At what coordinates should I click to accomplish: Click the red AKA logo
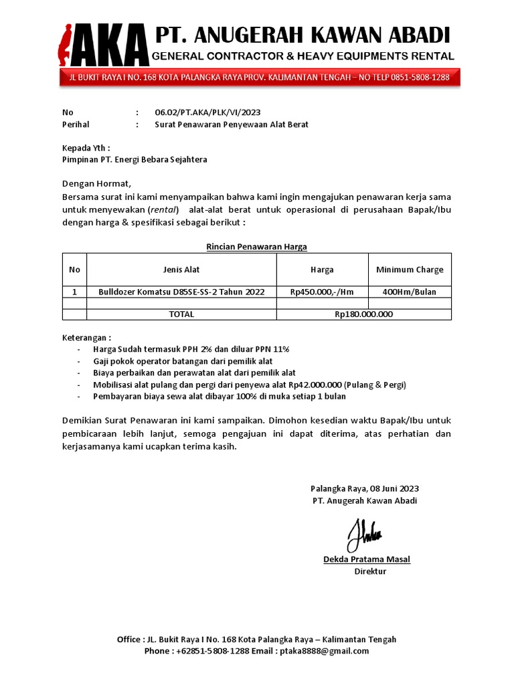click(x=103, y=46)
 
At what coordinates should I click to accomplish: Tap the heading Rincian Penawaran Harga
click(x=256, y=247)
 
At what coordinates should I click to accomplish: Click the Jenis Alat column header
click(x=181, y=270)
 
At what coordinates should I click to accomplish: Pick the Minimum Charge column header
click(x=410, y=270)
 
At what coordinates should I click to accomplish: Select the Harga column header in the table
click(x=322, y=270)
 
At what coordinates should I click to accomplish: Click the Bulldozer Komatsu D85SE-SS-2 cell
click(x=181, y=292)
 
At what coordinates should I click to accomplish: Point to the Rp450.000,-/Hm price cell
click(x=322, y=292)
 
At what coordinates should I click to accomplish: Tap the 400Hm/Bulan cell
click(x=410, y=292)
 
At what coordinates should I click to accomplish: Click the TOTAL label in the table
click(x=181, y=314)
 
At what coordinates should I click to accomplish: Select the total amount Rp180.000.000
click(x=364, y=314)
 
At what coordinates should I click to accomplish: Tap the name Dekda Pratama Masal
click(x=367, y=559)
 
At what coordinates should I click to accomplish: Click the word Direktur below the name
click(x=370, y=571)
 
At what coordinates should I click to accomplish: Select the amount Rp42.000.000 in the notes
click(x=315, y=385)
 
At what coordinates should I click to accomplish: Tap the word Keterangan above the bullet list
click(x=85, y=337)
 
